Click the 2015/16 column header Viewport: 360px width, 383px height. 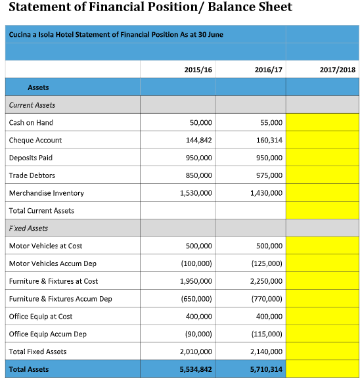(x=198, y=69)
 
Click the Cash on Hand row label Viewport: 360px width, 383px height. (x=31, y=123)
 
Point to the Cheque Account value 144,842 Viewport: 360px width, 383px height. (x=196, y=141)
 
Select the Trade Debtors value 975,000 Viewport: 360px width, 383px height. (x=267, y=175)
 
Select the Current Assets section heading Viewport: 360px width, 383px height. (x=32, y=105)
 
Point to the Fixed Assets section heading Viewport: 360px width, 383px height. (x=29, y=229)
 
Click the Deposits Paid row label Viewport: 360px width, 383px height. (x=31, y=158)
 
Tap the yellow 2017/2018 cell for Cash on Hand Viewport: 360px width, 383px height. (x=322, y=123)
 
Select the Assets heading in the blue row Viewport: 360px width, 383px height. (x=38, y=87)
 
